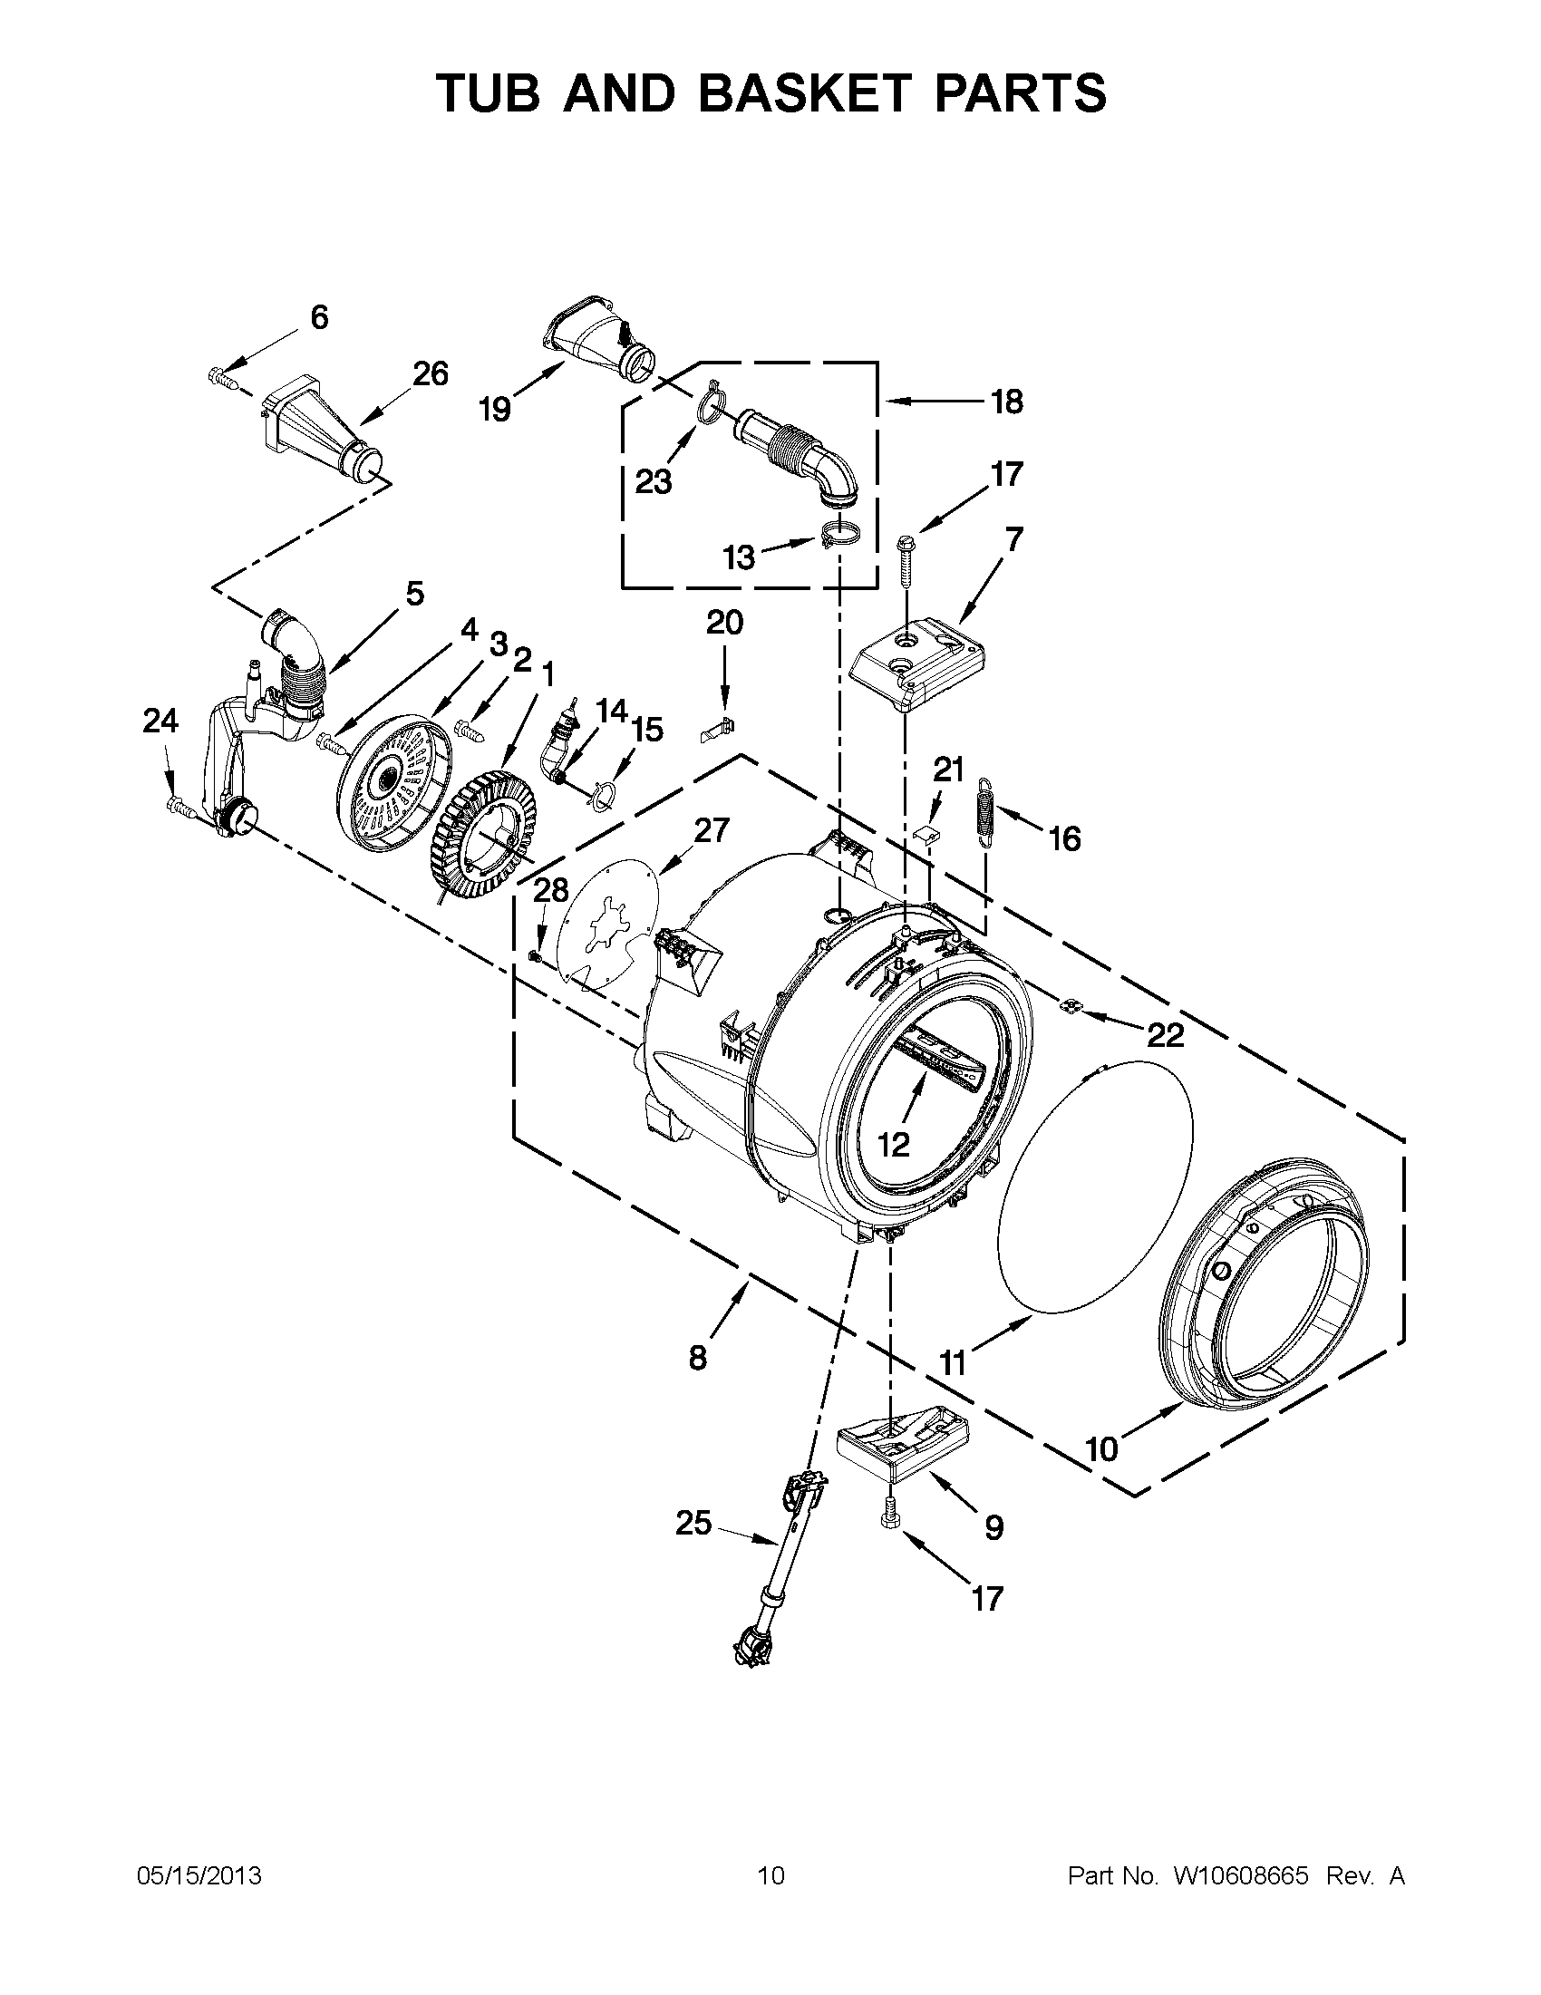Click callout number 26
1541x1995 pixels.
(x=431, y=373)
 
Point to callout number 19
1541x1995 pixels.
(x=494, y=410)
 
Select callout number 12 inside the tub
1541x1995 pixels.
(x=894, y=1144)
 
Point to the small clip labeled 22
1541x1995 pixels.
(x=1069, y=1006)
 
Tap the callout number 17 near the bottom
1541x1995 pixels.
(x=987, y=1598)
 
